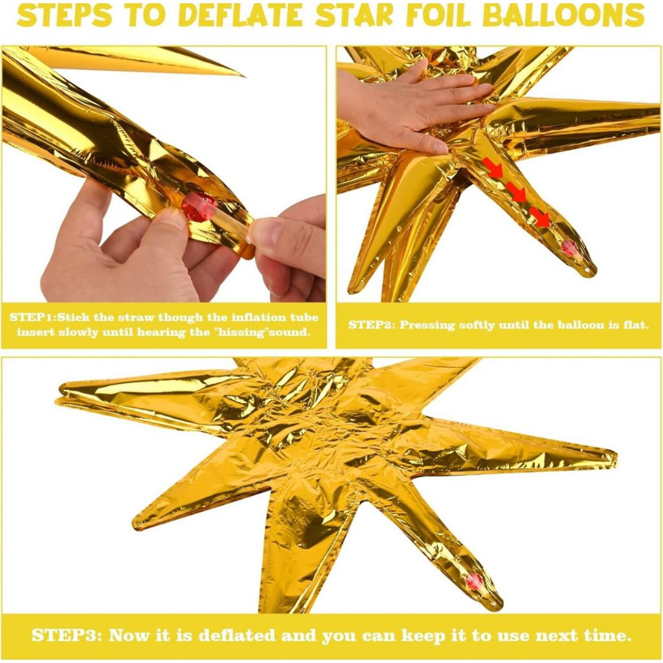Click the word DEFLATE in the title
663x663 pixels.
(x=243, y=16)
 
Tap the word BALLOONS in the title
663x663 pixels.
(x=564, y=16)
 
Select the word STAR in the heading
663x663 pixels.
(x=354, y=16)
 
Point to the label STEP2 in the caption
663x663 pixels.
(x=370, y=325)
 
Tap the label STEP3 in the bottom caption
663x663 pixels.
(x=67, y=636)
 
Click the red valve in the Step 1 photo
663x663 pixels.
(x=199, y=207)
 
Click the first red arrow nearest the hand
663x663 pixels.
(x=493, y=167)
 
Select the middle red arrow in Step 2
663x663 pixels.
(x=516, y=192)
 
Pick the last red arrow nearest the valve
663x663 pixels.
(x=540, y=218)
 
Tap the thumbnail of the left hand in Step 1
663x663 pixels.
(x=169, y=219)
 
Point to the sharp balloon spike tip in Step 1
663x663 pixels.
(x=243, y=76)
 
